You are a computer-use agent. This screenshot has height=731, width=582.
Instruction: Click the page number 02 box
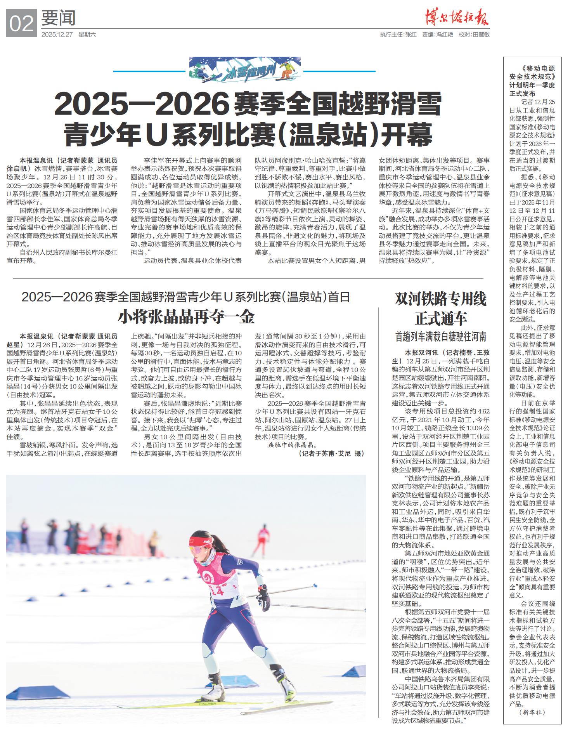tap(21, 23)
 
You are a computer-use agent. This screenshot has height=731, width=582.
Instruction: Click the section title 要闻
tap(59, 18)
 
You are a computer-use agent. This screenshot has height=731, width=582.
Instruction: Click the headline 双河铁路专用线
tap(440, 299)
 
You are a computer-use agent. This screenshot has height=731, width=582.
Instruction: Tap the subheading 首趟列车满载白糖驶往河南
tap(440, 337)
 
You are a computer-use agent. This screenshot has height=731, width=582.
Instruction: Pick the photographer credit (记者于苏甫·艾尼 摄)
tap(331, 453)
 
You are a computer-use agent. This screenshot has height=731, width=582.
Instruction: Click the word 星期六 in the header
tap(87, 35)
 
